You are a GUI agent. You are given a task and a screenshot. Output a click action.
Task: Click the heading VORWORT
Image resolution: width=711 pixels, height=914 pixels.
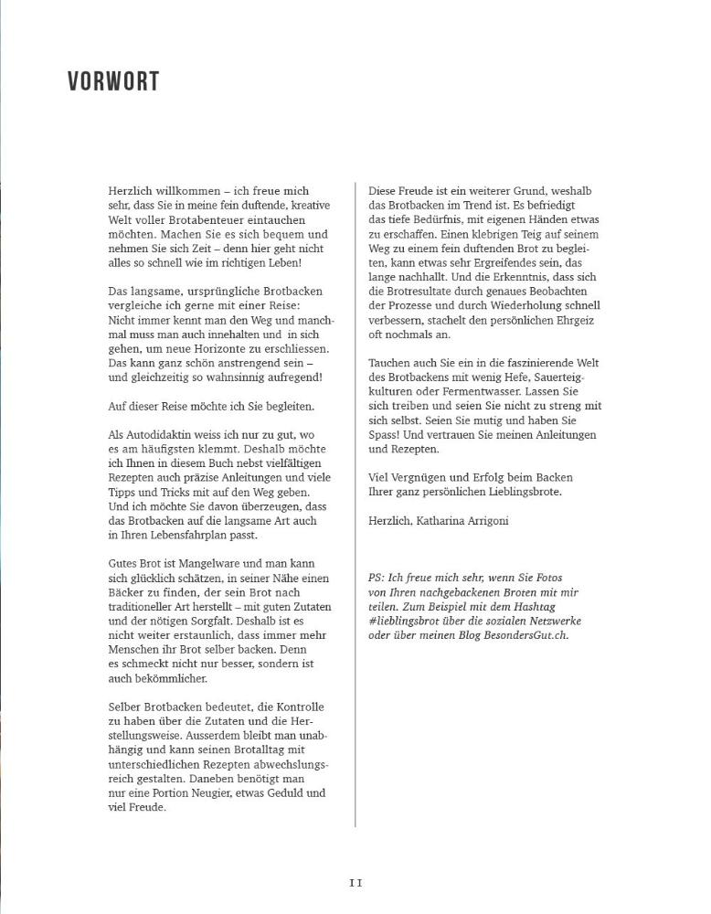point(113,81)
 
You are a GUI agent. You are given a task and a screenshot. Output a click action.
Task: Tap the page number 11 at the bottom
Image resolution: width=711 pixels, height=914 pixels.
point(355,883)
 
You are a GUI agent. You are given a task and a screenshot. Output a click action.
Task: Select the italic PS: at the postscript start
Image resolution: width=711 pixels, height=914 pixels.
point(377,579)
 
